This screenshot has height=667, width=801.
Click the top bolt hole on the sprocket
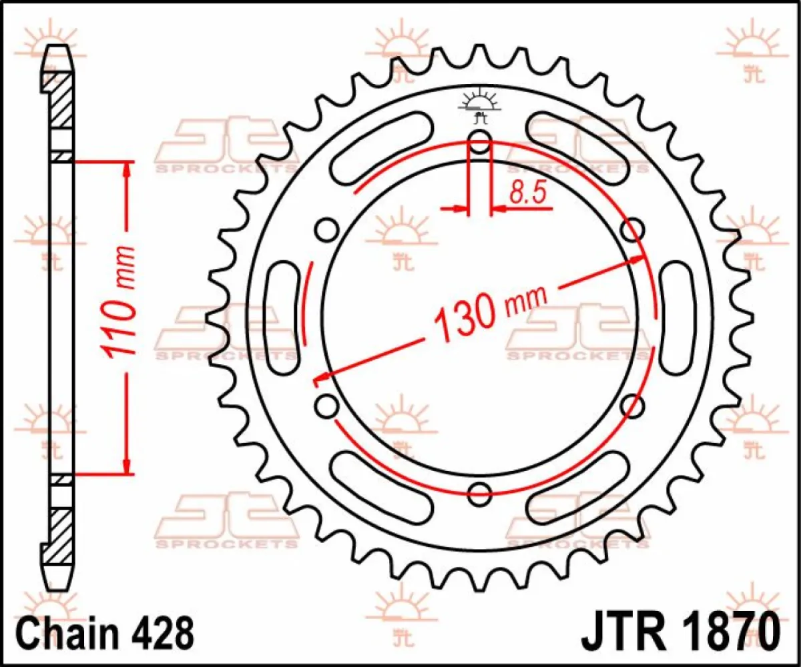(x=479, y=141)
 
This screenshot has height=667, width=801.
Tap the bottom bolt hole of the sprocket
(x=479, y=494)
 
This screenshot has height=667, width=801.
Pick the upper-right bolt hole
(x=632, y=230)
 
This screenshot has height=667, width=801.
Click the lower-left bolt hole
(x=326, y=405)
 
